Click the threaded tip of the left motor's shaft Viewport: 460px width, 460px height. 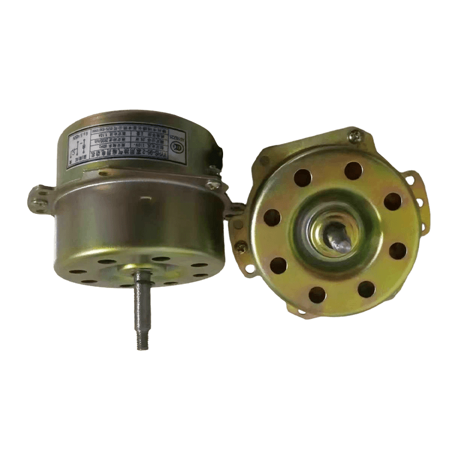tap(142, 339)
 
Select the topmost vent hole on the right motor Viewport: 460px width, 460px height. tap(353, 170)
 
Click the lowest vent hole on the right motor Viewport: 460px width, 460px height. tap(317, 295)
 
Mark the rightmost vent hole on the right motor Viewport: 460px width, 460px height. tap(398, 251)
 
